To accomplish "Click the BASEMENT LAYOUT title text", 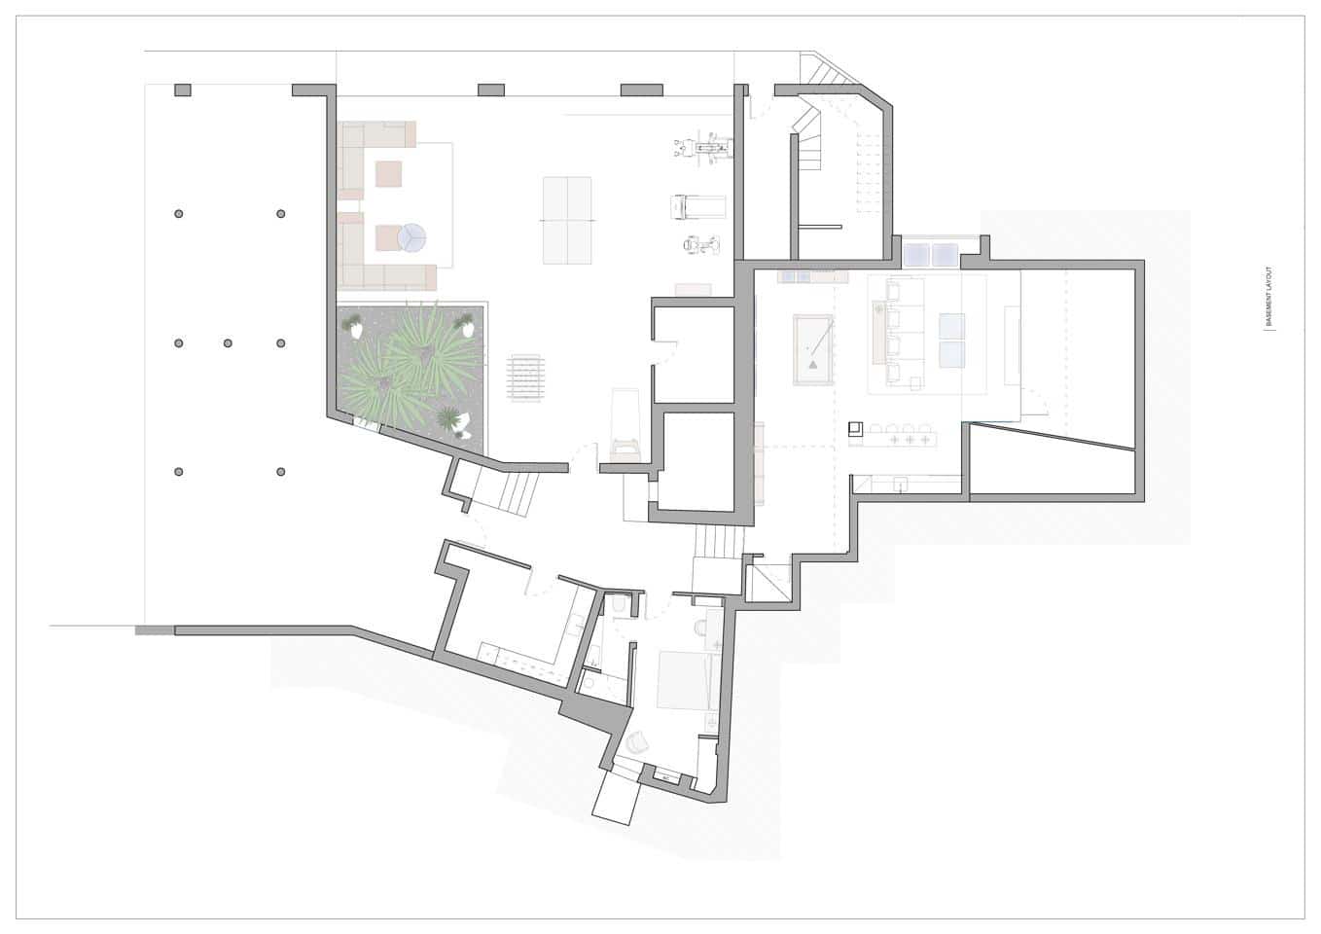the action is [1269, 297].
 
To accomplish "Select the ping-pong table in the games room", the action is [567, 221].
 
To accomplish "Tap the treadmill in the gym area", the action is [698, 207].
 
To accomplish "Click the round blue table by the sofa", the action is [411, 238].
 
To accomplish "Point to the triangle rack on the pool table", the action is [813, 365].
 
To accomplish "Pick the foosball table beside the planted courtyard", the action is [525, 377].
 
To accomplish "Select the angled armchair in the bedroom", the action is [636, 743].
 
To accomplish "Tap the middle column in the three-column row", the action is [228, 343].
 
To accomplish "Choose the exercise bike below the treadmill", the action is [701, 244].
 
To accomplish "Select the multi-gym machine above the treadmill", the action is [703, 148].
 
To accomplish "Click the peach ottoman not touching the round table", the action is [389, 174].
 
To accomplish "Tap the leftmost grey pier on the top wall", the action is [183, 90].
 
